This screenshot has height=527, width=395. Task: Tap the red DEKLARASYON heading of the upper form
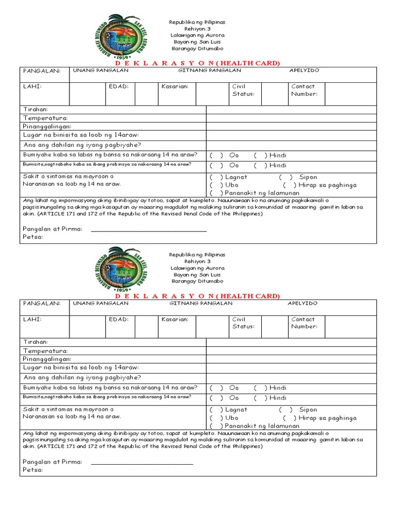click(197, 63)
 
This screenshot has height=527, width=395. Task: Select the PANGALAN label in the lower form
click(41, 304)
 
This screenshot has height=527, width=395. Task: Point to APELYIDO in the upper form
click(304, 71)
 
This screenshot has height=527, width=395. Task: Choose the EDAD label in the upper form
click(118, 86)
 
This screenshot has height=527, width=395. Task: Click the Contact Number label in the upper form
click(304, 90)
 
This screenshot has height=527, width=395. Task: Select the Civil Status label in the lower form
click(243, 323)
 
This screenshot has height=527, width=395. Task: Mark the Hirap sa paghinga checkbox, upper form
click(290, 185)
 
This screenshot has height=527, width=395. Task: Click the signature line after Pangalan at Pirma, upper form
click(149, 230)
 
